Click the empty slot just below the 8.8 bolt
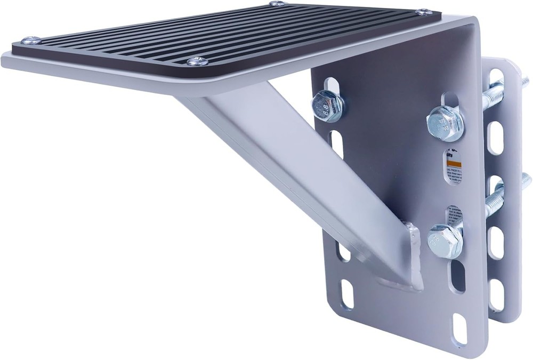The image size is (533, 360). (x=337, y=144)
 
